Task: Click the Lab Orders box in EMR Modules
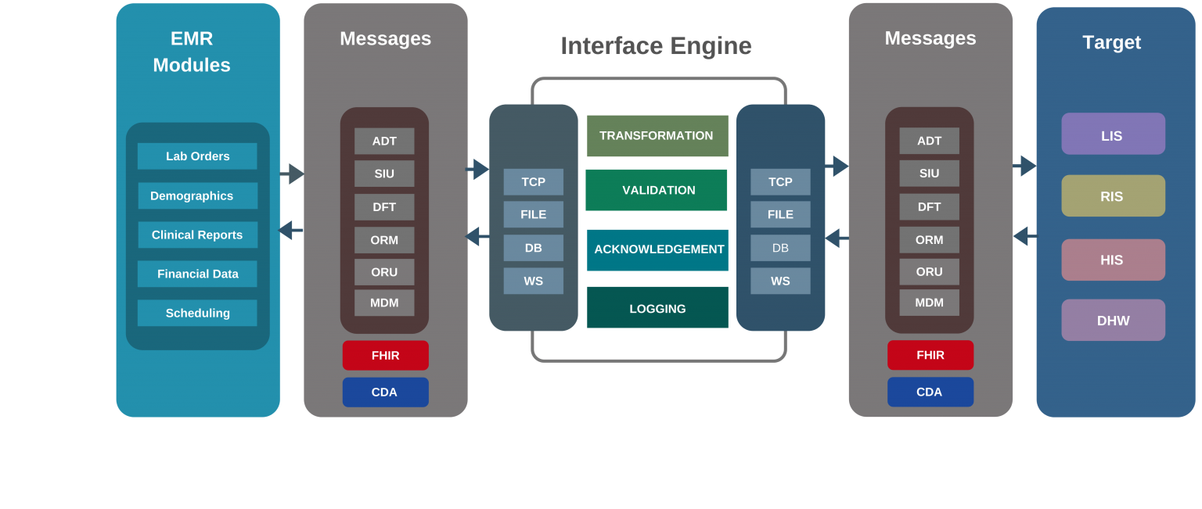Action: click(197, 156)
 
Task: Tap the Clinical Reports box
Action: click(197, 235)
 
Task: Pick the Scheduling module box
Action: click(197, 313)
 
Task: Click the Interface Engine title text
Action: click(656, 46)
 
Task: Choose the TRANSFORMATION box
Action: click(657, 135)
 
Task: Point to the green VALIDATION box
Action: click(657, 190)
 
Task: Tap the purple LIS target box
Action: click(1113, 134)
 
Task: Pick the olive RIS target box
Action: click(1113, 195)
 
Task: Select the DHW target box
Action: click(1113, 320)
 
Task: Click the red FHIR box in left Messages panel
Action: click(385, 355)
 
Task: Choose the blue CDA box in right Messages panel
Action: click(930, 392)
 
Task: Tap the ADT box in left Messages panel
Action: click(384, 141)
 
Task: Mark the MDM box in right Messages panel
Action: click(929, 303)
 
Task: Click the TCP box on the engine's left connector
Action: click(533, 181)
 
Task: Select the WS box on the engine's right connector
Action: click(780, 281)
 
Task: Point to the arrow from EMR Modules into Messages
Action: click(293, 174)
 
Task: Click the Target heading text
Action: click(1112, 42)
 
